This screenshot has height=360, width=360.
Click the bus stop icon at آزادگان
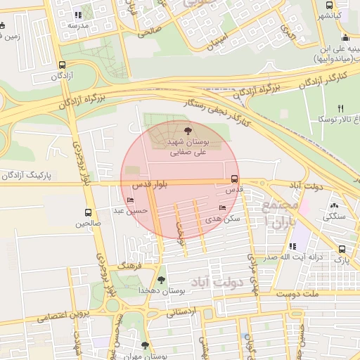[63, 64]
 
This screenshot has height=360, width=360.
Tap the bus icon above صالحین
[89, 212]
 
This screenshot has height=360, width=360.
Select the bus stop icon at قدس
[234, 179]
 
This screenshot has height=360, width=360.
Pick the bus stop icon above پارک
[342, 249]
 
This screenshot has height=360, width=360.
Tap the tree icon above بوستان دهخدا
[162, 279]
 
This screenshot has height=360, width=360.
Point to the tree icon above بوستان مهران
[145, 345]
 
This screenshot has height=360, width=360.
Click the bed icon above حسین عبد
[130, 200]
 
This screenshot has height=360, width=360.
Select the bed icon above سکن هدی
[222, 208]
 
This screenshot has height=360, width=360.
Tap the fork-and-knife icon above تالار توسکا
[341, 108]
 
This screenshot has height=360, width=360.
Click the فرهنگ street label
[131, 266]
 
